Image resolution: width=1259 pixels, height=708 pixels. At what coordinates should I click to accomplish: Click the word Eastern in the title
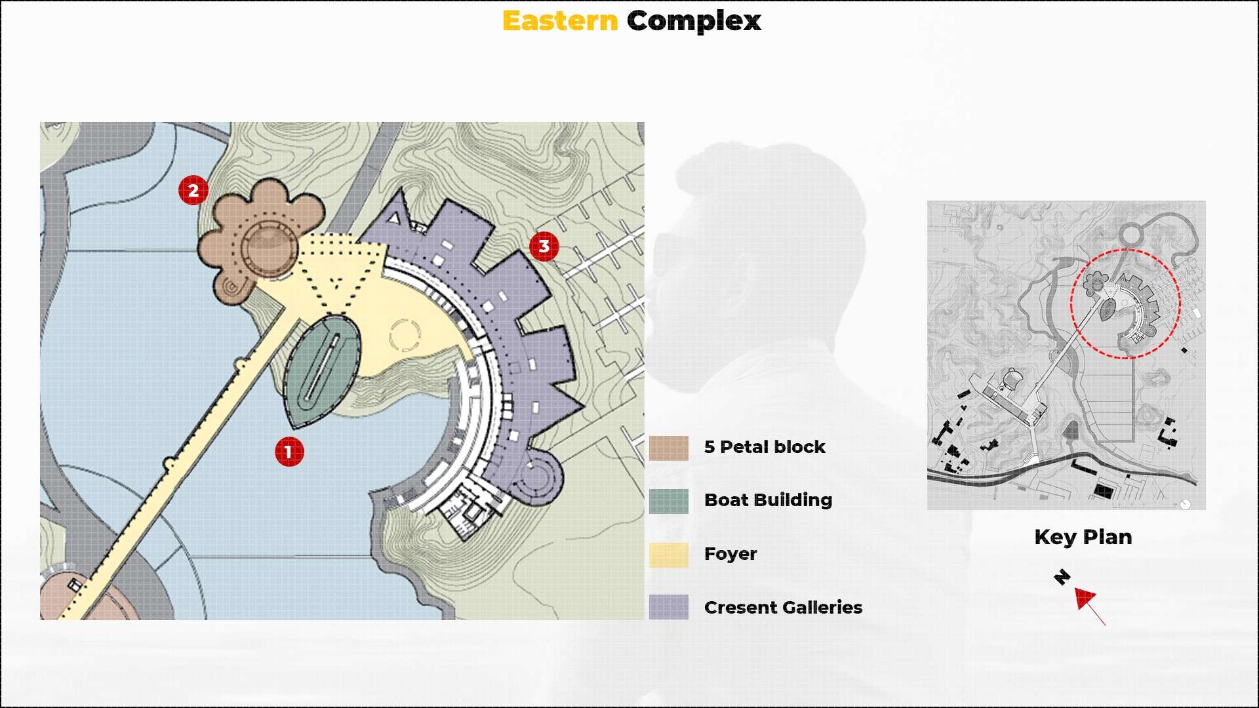(560, 21)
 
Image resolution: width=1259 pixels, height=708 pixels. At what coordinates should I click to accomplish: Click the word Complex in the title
(694, 21)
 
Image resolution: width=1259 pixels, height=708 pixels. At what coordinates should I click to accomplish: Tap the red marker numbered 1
(289, 452)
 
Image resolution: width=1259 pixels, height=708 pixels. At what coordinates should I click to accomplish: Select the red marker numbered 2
(193, 190)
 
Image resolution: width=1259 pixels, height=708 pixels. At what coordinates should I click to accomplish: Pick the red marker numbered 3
(544, 246)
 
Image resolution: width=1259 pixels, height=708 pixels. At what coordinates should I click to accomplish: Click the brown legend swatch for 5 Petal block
(669, 448)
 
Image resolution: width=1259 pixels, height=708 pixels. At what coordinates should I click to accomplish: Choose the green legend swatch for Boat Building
(669, 501)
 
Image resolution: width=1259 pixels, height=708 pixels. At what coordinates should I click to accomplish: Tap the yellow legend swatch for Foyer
(669, 555)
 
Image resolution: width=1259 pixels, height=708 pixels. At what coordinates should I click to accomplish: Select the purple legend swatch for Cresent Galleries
(669, 607)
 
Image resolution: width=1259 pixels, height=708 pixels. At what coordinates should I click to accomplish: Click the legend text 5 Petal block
(765, 447)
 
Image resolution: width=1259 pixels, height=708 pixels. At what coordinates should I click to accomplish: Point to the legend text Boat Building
(768, 500)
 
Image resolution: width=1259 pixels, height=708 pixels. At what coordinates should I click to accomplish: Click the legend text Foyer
(730, 554)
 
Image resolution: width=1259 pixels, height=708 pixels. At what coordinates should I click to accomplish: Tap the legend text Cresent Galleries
(783, 608)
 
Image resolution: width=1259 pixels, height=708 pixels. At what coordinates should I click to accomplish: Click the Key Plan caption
(1083, 537)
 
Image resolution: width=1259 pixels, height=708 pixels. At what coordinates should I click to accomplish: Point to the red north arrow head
(1083, 597)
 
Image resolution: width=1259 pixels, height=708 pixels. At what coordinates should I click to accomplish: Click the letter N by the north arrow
(1062, 577)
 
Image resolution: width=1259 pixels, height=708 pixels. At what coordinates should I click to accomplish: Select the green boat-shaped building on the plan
(323, 370)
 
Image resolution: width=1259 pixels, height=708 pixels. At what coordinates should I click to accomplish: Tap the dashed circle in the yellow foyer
(405, 335)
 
